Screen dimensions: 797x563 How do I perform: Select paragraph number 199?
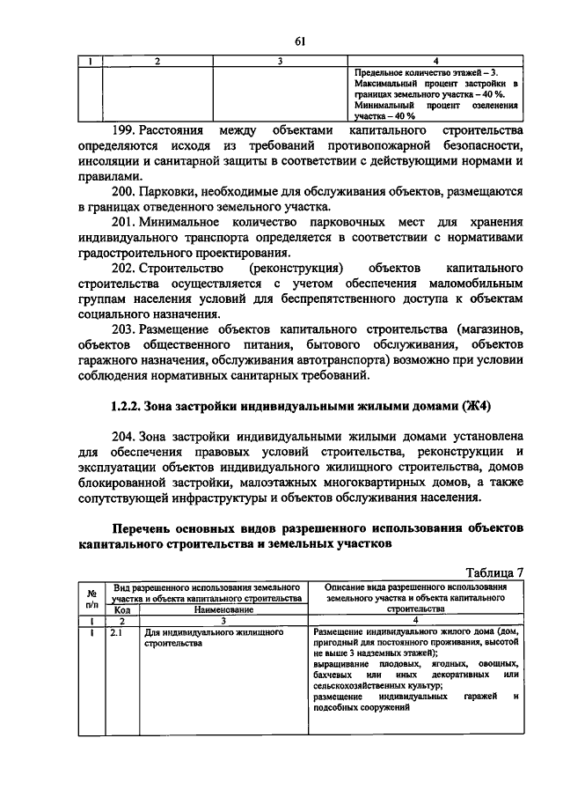pyautogui.click(x=127, y=130)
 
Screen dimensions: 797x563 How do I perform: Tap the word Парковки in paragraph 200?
pyautogui.click(x=186, y=192)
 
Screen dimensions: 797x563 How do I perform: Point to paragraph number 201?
pyautogui.click(x=127, y=223)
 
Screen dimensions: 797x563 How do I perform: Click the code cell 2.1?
pyautogui.click(x=115, y=632)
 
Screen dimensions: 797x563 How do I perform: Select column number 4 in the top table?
pyautogui.click(x=436, y=61)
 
